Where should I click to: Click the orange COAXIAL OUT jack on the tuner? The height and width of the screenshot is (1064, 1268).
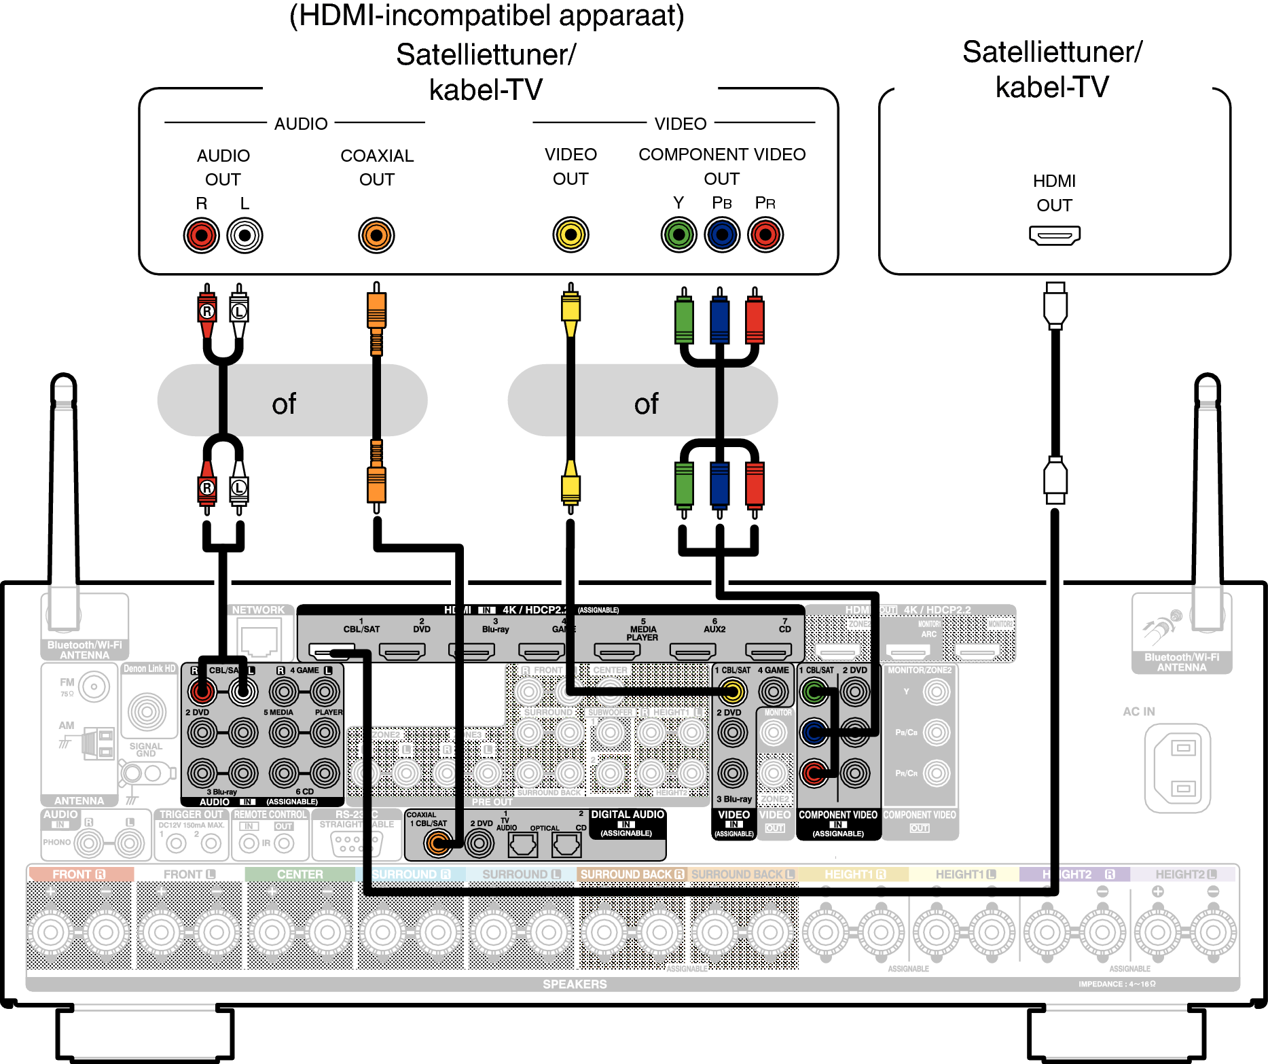click(376, 235)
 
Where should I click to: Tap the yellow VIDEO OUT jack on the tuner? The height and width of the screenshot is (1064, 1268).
click(570, 235)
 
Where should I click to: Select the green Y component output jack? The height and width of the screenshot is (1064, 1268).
click(678, 235)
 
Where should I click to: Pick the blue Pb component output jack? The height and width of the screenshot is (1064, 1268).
click(722, 235)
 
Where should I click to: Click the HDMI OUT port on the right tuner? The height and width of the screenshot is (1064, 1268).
click(1054, 236)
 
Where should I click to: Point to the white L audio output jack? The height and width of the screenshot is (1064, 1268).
click(244, 235)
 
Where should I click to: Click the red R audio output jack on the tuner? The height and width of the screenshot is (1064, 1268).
click(202, 235)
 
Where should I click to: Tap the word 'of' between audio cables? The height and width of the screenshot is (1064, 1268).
click(284, 404)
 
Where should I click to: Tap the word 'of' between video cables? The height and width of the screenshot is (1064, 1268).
click(646, 404)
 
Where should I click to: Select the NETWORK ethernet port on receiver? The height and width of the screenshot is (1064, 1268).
click(259, 641)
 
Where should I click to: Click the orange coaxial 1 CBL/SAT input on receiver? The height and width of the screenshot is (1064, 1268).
click(437, 844)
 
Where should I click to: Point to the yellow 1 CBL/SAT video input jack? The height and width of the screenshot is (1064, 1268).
click(732, 692)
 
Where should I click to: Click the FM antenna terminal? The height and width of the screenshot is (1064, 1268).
click(94, 687)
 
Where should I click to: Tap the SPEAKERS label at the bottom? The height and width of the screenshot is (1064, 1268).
click(575, 984)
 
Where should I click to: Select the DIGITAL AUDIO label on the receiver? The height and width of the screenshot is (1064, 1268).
click(627, 815)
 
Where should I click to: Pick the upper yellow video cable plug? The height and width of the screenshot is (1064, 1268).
click(570, 309)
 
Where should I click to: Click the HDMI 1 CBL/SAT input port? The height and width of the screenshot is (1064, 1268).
click(332, 651)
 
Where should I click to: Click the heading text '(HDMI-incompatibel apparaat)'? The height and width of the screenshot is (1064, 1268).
click(486, 15)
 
